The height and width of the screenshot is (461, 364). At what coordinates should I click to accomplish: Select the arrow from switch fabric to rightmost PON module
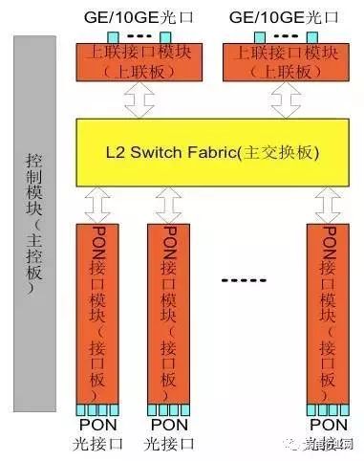pyautogui.click(x=331, y=203)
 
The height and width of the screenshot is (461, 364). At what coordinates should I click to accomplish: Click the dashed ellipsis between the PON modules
pyautogui.click(x=247, y=281)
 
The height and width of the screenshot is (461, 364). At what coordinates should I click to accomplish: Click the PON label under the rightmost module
pyautogui.click(x=328, y=424)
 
